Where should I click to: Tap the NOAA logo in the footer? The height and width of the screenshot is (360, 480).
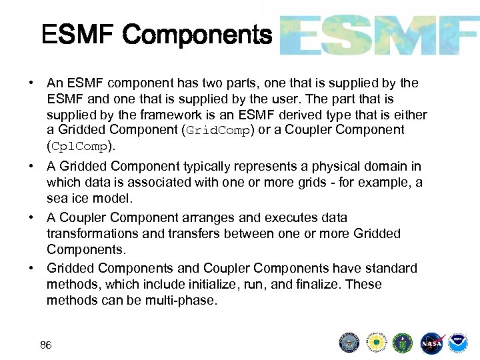[x=457, y=343]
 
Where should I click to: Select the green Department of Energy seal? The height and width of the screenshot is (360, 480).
[x=403, y=343]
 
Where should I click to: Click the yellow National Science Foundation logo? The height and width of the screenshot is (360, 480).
[x=376, y=343]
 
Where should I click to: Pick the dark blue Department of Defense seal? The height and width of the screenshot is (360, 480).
[x=349, y=343]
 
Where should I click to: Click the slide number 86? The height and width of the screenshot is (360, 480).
[x=46, y=345]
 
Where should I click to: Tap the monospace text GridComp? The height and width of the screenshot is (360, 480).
[x=217, y=131]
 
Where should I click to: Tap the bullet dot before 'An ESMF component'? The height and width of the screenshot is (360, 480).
[x=31, y=83]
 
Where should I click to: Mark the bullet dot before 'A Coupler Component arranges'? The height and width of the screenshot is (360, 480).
[x=31, y=218]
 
